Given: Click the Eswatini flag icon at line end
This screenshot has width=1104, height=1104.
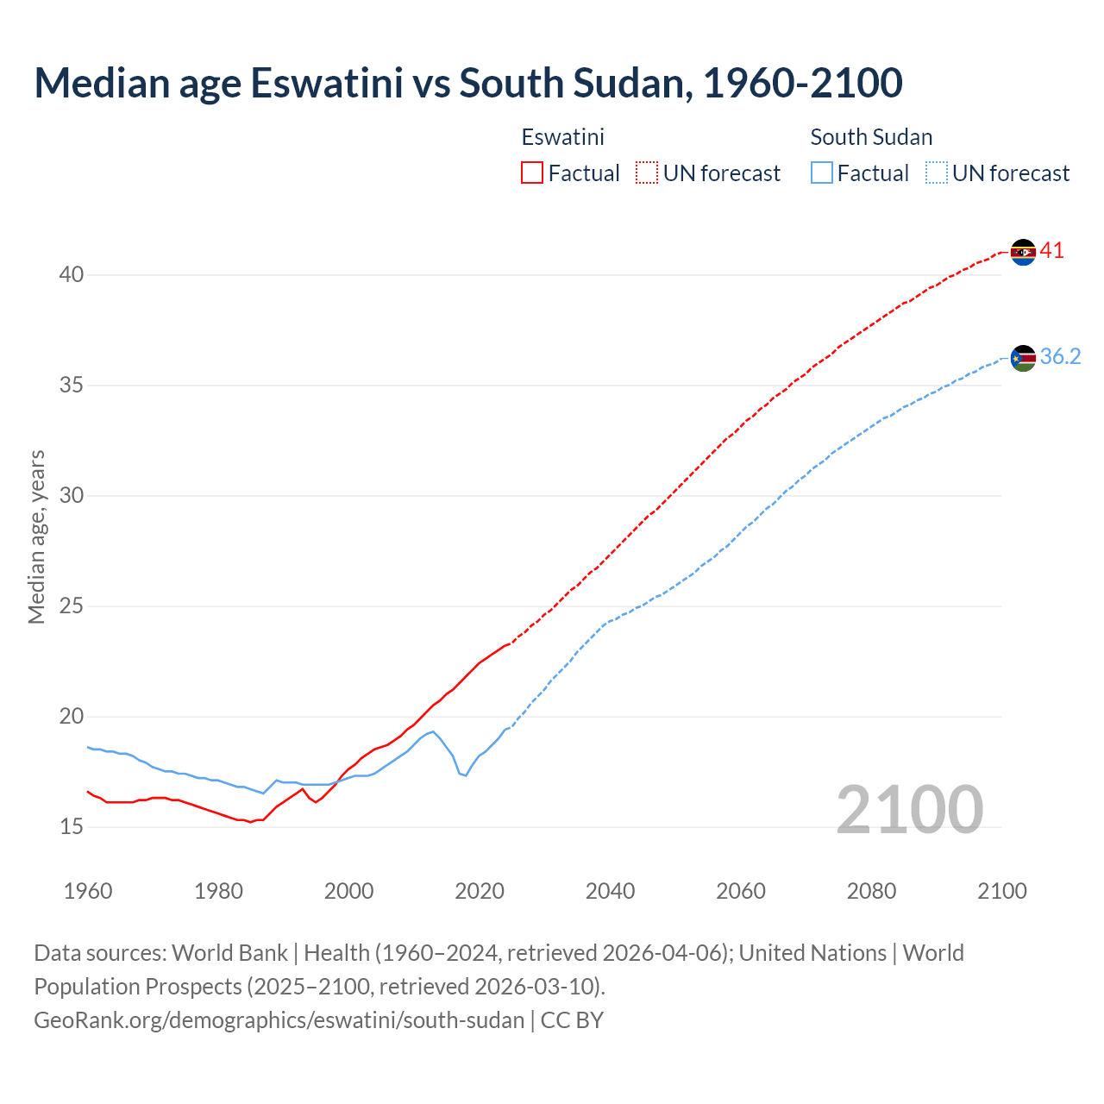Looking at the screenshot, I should coord(1023,252).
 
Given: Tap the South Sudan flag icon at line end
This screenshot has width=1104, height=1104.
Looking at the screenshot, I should coord(1023,358).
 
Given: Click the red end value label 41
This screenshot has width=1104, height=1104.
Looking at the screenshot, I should coord(1052,251).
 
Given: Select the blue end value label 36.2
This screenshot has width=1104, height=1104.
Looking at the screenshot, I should coord(1060,357).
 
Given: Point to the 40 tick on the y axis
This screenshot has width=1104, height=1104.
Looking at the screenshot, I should coord(72,275).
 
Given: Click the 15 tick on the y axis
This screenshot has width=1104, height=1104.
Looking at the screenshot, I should coord(72,827).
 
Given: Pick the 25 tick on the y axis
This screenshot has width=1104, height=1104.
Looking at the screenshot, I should coord(72,606).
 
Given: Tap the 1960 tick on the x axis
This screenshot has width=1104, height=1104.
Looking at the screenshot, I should coord(88,891).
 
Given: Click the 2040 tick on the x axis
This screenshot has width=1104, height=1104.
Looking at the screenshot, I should coord(610,891).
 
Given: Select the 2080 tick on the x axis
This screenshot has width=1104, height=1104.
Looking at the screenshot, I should coord(871,891).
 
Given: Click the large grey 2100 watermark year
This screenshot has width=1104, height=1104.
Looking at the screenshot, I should coord(909,810).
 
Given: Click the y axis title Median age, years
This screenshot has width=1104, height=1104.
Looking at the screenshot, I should coord(36,536).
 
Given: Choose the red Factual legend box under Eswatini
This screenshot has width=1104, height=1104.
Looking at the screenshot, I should coord(532,173).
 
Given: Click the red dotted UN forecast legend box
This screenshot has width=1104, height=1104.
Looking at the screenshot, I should coord(647,173).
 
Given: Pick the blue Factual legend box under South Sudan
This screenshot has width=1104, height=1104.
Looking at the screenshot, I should coord(822,173).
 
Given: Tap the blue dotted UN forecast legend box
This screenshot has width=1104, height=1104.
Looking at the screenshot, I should coord(936,173).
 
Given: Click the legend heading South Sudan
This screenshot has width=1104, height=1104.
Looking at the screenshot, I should coord(871,137).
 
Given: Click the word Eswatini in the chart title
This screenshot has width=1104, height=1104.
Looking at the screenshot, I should coord(326,83).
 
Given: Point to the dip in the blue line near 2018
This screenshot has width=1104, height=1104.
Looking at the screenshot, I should coord(466,775).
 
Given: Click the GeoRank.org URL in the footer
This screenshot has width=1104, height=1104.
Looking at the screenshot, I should coord(279,1020).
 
